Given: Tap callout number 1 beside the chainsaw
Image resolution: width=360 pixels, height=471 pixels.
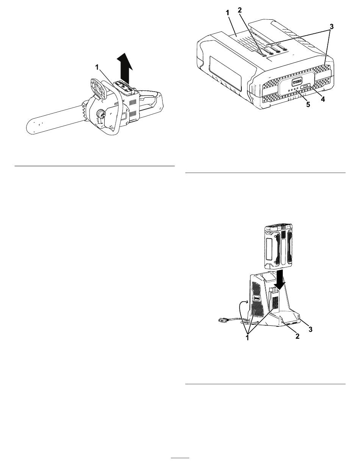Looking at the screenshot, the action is [97, 67].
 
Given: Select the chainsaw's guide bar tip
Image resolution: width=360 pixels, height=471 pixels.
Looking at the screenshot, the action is [29, 128].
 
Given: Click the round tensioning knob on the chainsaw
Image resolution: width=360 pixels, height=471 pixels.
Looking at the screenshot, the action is [101, 113].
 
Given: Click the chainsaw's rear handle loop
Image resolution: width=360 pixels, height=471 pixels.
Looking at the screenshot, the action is [150, 100].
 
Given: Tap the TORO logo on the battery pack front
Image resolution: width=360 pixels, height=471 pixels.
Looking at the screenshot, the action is [297, 81].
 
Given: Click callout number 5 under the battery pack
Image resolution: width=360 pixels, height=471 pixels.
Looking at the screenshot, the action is [308, 105].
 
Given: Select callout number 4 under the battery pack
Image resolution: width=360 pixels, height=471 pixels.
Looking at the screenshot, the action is [323, 99].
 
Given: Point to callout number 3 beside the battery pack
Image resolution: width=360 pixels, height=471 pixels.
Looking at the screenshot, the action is [332, 27].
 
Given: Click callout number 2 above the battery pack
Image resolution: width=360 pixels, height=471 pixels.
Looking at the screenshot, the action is [240, 10].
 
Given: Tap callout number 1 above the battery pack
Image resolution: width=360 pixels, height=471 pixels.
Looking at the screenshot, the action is [227, 12].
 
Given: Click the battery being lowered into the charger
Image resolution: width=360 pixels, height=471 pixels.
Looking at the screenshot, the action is [279, 245].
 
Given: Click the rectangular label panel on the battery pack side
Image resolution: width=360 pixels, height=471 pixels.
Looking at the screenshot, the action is [225, 73].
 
